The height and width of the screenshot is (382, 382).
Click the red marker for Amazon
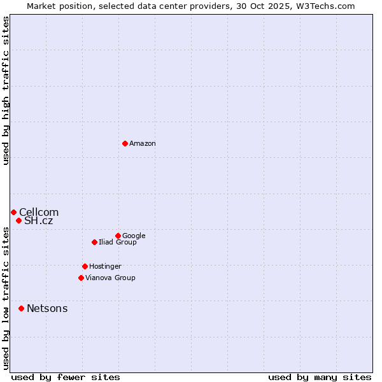[x=125, y=143]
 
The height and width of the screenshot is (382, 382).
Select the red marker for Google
[x=118, y=236]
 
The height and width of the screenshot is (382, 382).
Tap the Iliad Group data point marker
[x=94, y=242]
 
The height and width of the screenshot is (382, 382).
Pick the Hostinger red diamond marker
[x=85, y=266]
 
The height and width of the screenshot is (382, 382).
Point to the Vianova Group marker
[x=81, y=278]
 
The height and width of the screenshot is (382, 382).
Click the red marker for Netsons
[x=21, y=308]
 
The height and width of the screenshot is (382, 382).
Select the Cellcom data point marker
[x=13, y=212]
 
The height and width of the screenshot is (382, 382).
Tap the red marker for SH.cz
[x=18, y=220]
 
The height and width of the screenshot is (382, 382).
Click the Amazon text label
[x=143, y=143]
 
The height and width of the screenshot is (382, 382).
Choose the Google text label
[x=134, y=236]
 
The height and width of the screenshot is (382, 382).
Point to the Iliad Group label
[x=118, y=242]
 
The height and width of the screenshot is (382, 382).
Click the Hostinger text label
[x=105, y=266]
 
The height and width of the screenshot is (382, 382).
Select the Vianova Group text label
[x=110, y=278]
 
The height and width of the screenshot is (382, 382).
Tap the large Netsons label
[x=47, y=309]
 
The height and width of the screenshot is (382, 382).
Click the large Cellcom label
[x=39, y=212]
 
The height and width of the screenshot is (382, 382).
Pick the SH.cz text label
[x=39, y=221]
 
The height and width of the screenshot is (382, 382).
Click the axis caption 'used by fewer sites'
[x=66, y=377]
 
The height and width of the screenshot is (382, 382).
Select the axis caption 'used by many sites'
[x=320, y=377]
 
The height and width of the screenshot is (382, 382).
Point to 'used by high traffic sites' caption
[x=6, y=90]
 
